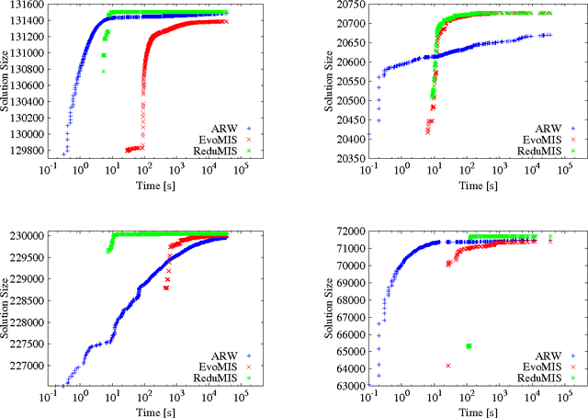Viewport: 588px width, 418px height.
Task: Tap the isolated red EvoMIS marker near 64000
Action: [447, 366]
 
